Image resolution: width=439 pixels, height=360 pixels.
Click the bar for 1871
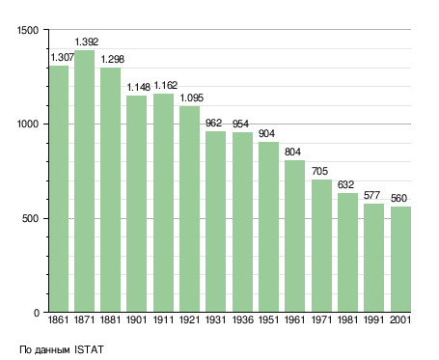(84, 180)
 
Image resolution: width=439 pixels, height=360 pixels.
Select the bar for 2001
(400, 260)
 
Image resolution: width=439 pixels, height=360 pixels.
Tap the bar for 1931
(215, 221)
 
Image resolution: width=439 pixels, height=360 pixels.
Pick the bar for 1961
(294, 236)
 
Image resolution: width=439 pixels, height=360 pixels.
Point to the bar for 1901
(136, 204)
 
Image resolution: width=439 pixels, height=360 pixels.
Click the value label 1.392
(87, 42)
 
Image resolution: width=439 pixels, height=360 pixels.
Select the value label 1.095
(192, 97)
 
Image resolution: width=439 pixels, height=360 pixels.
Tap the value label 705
(319, 171)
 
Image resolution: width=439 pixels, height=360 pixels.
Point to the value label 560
(398, 198)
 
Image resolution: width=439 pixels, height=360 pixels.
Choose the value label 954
(240, 124)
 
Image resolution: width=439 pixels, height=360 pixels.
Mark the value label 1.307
(63, 57)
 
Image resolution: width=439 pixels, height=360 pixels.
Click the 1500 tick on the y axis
(28, 30)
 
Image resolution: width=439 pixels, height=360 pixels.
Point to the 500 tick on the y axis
(30, 219)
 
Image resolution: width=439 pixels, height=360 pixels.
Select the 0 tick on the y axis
(37, 313)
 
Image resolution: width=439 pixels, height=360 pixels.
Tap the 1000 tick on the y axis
(28, 125)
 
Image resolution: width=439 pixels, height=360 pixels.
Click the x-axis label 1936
(242, 320)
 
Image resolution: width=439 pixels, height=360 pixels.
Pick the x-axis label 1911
(163, 320)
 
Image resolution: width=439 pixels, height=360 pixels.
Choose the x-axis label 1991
(373, 320)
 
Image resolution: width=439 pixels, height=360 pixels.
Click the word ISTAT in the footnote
(89, 349)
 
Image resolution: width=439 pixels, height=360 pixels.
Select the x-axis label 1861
(58, 320)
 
